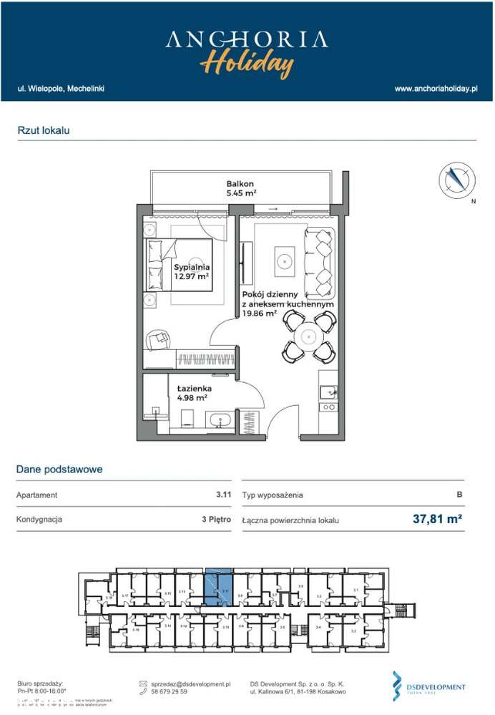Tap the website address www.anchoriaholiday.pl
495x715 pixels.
[x=436, y=89]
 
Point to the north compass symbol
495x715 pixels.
[x=456, y=180]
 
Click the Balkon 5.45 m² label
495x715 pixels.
[x=240, y=188]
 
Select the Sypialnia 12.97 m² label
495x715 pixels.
[x=191, y=272]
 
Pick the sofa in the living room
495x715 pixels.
[x=320, y=263]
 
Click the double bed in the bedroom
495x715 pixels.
[x=180, y=265]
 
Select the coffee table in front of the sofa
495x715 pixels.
[x=285, y=262]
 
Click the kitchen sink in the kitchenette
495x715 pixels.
[x=328, y=392]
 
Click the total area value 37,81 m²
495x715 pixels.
[x=437, y=519]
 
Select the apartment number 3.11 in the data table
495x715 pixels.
[x=223, y=495]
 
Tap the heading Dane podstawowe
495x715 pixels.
[x=59, y=470]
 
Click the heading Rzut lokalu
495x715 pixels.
[x=44, y=130]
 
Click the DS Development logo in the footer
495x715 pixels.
[x=428, y=686]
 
